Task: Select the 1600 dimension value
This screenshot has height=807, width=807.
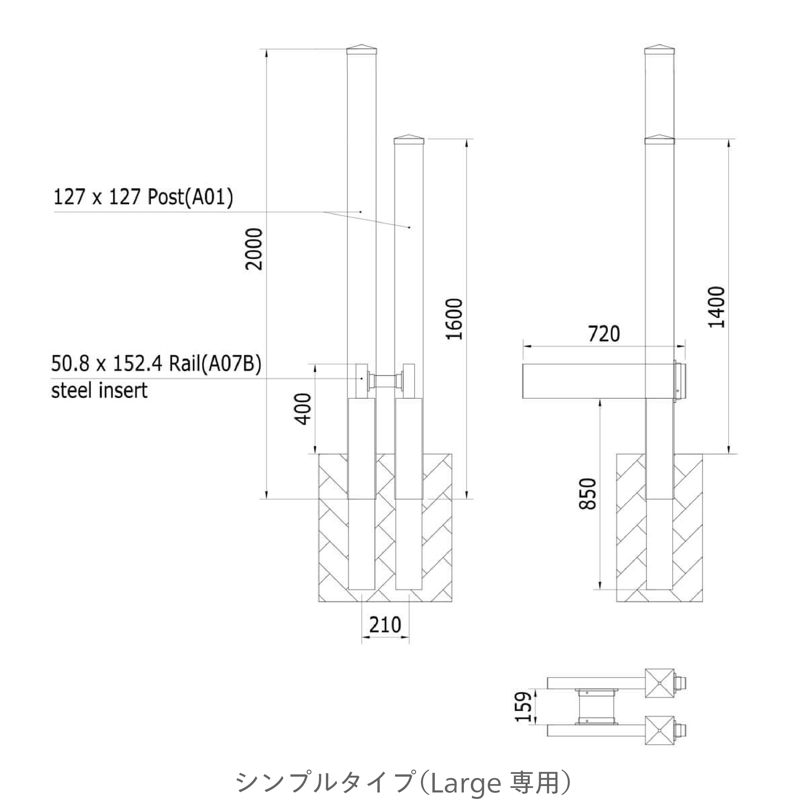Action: [455, 319]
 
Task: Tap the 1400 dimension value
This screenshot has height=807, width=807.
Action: [717, 307]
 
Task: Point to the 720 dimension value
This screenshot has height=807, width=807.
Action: [604, 334]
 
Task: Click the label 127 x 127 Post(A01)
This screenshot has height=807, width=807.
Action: [143, 197]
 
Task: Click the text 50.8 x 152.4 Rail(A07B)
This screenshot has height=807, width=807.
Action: [156, 364]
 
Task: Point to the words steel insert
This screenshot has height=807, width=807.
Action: [99, 391]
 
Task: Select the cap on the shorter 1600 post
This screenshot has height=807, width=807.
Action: [409, 139]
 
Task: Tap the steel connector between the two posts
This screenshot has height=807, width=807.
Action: [385, 381]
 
